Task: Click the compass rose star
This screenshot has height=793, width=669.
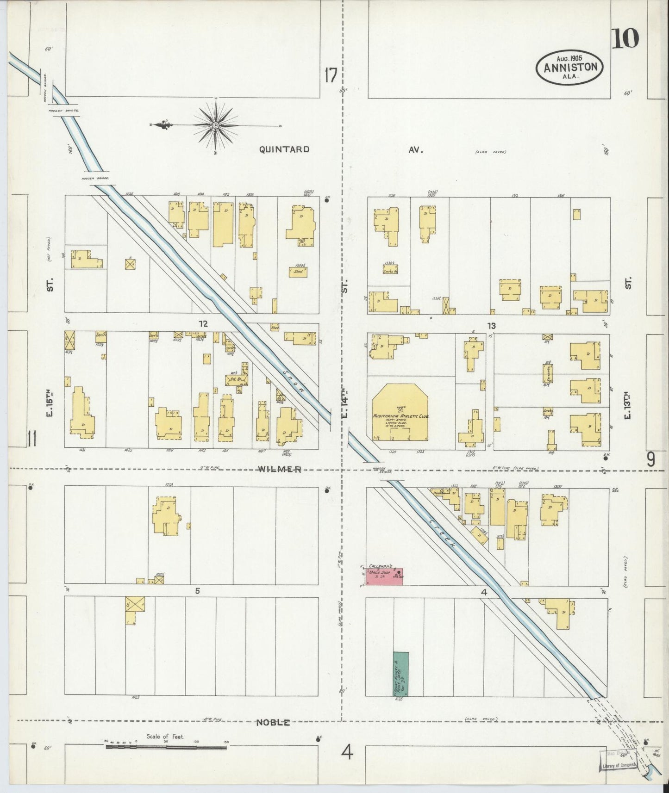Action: coord(216,126)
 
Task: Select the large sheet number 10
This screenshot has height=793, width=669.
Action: coord(625,39)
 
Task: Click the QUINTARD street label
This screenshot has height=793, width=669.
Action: coord(284,149)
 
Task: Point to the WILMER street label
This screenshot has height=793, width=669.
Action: coord(280,470)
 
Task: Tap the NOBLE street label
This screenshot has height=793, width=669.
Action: coord(274,722)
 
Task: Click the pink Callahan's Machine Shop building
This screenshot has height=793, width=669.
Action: coord(384,576)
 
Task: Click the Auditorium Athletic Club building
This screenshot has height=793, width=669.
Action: coord(401,413)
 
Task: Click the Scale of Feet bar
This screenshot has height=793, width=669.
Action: coord(166,746)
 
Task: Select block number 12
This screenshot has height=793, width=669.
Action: coord(202,324)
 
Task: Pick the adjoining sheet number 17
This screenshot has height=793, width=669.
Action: coord(331,75)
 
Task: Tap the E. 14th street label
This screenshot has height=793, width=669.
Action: coord(344,403)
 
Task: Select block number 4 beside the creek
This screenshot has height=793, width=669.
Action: coord(484,592)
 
